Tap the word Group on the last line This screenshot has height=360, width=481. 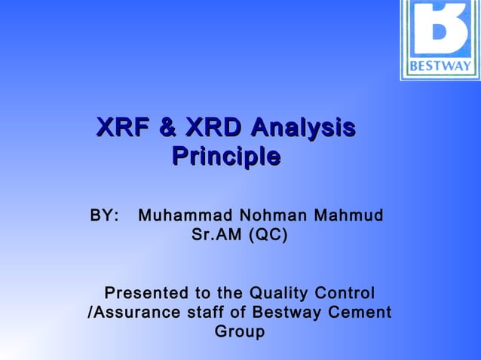click(x=240, y=331)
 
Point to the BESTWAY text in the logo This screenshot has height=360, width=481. click(x=440, y=66)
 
